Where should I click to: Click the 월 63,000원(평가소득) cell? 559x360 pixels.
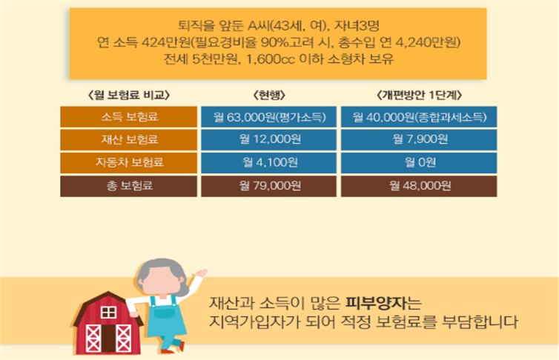click(x=268, y=117)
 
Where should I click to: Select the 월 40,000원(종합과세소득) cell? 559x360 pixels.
click(x=419, y=117)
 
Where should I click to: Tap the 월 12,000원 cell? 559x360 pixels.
click(x=268, y=139)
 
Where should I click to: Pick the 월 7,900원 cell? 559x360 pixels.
click(x=419, y=139)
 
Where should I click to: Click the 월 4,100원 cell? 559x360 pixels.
click(x=268, y=163)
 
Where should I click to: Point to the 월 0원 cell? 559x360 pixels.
click(x=419, y=163)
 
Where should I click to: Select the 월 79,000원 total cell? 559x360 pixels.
click(x=268, y=185)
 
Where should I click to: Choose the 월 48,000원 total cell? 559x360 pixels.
click(x=419, y=185)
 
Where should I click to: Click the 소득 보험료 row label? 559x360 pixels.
click(x=129, y=117)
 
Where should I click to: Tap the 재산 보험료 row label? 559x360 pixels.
click(x=129, y=139)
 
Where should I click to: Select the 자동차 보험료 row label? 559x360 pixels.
click(x=129, y=163)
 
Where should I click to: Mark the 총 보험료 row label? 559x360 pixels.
click(x=129, y=185)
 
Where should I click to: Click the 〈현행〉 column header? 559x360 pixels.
click(x=269, y=95)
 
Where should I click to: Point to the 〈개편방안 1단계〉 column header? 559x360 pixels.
click(x=420, y=95)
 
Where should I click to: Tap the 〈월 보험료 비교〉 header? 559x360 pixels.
click(x=129, y=95)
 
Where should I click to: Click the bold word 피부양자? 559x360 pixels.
click(x=375, y=304)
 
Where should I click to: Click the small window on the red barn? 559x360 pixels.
click(x=108, y=313)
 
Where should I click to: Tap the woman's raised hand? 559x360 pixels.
click(x=201, y=274)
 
